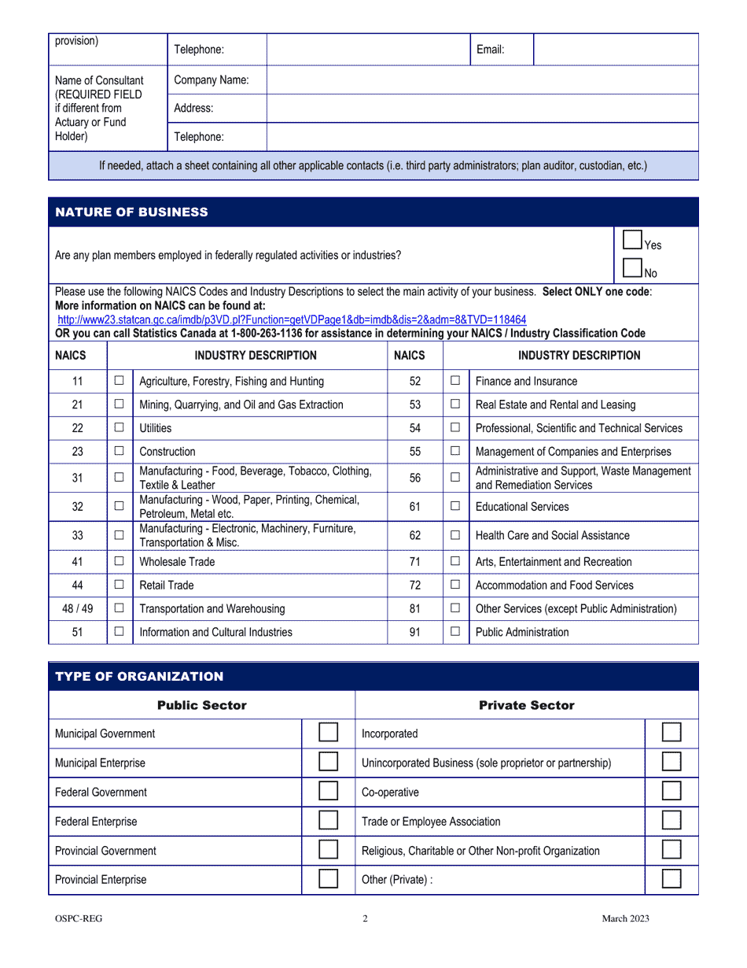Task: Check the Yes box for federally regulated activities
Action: (632, 240)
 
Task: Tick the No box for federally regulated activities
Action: (632, 268)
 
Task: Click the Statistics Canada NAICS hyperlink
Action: (292, 320)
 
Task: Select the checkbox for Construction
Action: (120, 452)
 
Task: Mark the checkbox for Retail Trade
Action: (120, 586)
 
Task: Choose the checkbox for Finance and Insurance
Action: (455, 381)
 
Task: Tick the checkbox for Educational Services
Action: (455, 507)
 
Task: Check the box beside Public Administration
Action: (455, 632)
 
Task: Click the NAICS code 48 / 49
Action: (77, 608)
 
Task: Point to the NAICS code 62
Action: (415, 535)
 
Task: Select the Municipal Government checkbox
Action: (329, 733)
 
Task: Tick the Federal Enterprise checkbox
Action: (329, 822)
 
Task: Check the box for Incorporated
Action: (672, 733)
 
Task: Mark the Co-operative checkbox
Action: (672, 793)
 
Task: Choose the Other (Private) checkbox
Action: (672, 880)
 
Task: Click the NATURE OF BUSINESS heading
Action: (132, 212)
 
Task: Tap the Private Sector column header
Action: (527, 705)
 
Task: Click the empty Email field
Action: (615, 50)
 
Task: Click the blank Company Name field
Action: (481, 80)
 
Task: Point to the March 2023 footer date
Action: (626, 918)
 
